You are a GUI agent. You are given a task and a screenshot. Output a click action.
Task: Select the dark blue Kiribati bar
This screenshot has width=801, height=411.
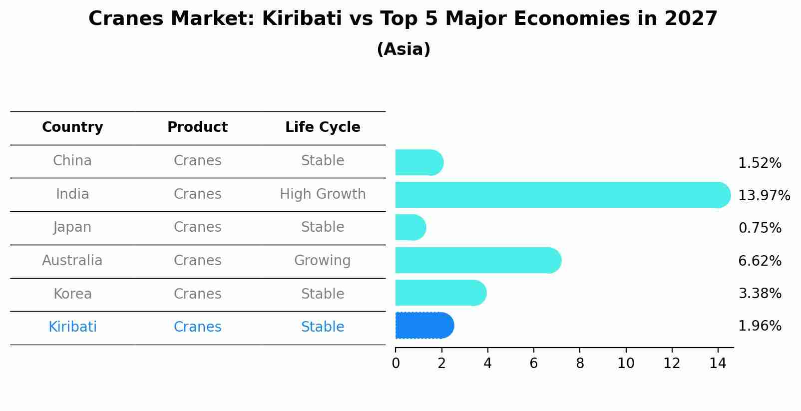pos(423,326)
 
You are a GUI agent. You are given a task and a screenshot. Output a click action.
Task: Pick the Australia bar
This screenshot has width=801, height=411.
pos(477,260)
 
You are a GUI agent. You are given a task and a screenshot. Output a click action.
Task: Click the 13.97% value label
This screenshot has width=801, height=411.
pos(764,195)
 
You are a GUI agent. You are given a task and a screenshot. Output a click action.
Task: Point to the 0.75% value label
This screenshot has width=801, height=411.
pos(760,228)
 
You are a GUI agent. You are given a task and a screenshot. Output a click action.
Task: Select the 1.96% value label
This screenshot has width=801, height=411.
pos(760,326)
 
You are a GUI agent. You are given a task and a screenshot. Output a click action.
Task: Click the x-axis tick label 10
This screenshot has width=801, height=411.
pos(625,364)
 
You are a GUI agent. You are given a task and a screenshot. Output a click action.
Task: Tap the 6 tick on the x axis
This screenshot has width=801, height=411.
pos(533,364)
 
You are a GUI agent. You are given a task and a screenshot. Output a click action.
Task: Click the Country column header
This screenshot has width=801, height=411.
pos(72,127)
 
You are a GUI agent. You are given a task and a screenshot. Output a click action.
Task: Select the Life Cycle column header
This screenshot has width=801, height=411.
pos(323,127)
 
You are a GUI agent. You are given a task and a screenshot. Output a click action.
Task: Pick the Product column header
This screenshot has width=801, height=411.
pos(197,127)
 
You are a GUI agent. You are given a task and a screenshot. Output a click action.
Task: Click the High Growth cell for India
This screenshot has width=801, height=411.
pos(323,194)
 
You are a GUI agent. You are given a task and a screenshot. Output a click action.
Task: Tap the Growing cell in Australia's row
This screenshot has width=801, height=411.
pos(322,261)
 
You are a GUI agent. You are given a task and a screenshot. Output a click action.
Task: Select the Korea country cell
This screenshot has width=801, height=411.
pos(72,294)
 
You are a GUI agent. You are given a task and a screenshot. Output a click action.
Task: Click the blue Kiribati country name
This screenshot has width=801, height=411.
pos(72,327)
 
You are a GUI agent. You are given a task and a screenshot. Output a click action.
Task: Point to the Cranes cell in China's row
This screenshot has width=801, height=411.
pos(197,161)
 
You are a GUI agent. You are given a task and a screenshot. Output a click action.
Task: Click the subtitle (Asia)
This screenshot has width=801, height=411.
pos(403,49)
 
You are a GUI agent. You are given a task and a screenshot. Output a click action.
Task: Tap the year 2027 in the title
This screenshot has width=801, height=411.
pos(691,19)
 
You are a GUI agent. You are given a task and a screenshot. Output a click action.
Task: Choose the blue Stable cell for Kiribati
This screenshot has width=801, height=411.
pos(322,327)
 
